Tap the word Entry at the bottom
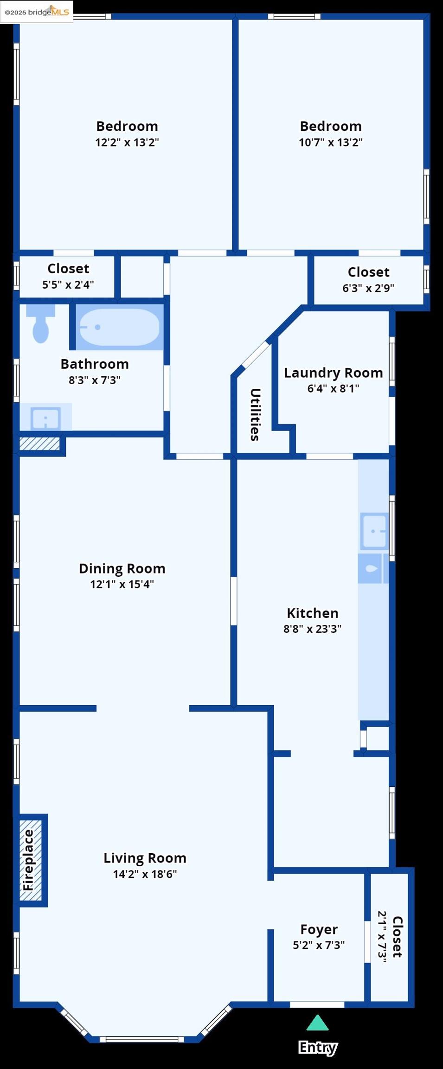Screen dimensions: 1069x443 pos(318,1048)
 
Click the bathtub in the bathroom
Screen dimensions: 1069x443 pos(119,327)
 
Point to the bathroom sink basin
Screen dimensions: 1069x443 pos(45,419)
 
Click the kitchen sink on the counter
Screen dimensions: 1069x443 pos(374,531)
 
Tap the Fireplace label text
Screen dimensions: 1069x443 pos(29,860)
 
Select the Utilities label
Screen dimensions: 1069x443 pos(255,414)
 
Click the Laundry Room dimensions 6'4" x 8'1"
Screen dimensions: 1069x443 pos(333,388)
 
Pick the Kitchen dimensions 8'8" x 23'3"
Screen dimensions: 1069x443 pos(312,629)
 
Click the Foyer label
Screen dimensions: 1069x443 pos(319,929)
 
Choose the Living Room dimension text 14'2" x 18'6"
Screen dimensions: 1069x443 pos(145,874)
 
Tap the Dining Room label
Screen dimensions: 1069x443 pos(122,568)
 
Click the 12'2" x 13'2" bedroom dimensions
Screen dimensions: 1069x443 pos(127,142)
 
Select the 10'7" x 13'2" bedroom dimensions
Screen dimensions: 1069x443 pos(330,142)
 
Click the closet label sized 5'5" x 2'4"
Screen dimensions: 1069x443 pos(68,269)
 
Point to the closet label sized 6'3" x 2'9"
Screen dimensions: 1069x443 pos(368,272)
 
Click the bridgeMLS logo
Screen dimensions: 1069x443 pos(37,12)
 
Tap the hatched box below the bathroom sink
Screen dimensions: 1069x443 pos(39,444)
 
